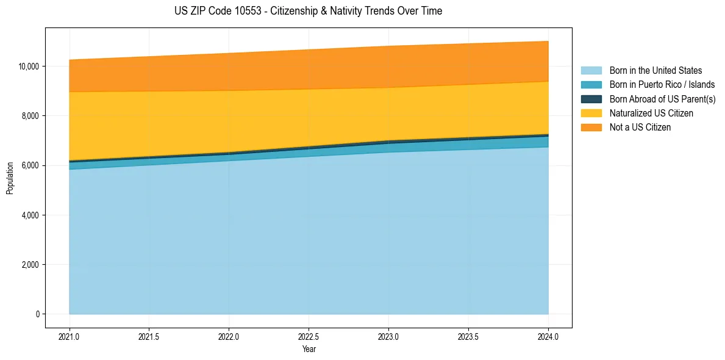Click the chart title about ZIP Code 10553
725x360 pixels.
click(x=308, y=11)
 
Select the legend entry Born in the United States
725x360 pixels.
click(x=655, y=71)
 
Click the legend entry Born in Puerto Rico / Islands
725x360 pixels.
click(x=662, y=85)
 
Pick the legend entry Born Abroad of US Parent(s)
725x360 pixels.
click(x=662, y=99)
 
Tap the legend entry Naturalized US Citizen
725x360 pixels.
click(x=651, y=113)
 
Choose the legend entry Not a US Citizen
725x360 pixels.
click(x=640, y=128)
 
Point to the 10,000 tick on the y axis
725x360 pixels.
click(x=29, y=66)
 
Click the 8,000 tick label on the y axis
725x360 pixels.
click(x=31, y=116)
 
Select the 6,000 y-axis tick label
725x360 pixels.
click(x=31, y=165)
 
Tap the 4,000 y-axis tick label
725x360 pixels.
click(x=31, y=215)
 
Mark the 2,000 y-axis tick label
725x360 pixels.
click(x=31, y=265)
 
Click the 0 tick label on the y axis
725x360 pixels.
click(x=37, y=314)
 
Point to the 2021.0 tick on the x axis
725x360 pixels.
click(x=70, y=336)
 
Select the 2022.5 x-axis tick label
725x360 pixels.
click(x=309, y=336)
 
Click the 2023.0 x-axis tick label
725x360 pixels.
click(x=388, y=336)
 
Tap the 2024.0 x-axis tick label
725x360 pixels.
click(x=548, y=336)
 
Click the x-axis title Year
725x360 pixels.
click(x=309, y=349)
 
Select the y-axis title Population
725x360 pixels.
click(x=10, y=178)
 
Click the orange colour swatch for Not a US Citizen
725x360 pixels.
click(x=591, y=128)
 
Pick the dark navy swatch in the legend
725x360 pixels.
click(x=591, y=99)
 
